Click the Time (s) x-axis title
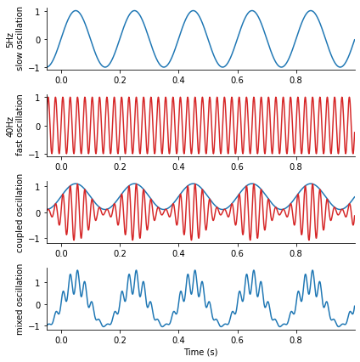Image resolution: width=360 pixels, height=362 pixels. pos(201,352)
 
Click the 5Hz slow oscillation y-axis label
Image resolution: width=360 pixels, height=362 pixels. pos(14,39)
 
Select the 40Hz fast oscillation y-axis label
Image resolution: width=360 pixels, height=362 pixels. pos(14,126)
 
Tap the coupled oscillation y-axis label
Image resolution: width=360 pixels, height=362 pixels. pos(19,213)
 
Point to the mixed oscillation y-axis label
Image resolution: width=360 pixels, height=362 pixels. pos(19,300)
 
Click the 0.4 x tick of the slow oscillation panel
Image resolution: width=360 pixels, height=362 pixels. pos(178,80)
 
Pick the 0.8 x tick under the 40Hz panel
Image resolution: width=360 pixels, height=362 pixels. pos(295,167)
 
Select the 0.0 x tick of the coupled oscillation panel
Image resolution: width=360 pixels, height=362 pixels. pos(61,253)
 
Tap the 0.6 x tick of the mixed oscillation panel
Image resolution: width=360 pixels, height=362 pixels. pos(237,340)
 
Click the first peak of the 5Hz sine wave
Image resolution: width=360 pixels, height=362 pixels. pos(76,11)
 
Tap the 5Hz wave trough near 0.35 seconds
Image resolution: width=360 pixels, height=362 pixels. pos(164,67)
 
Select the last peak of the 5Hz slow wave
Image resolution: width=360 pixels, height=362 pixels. pos(311,11)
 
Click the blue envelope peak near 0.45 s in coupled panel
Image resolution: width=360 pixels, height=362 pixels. pos(194,184)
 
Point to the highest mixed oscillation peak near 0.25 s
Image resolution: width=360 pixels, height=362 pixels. pos(137,270)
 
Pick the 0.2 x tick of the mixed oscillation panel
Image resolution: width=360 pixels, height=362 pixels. pos(120,340)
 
